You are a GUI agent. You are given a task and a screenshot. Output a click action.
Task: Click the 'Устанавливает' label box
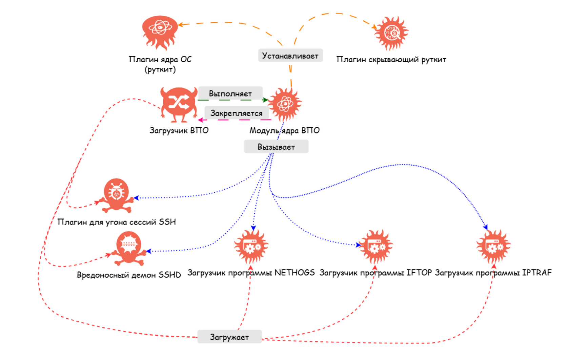(x=290, y=56)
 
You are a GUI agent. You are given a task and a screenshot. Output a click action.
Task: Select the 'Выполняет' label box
(x=230, y=93)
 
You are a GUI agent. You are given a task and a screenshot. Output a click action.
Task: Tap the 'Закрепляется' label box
(x=236, y=113)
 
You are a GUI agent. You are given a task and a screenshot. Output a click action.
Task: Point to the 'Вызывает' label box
(x=276, y=147)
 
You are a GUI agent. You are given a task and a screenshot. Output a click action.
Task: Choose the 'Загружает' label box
(x=229, y=337)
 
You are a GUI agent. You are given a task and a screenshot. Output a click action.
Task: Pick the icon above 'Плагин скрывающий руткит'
(x=391, y=33)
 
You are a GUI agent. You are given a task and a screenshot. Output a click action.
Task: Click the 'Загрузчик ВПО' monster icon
(x=179, y=104)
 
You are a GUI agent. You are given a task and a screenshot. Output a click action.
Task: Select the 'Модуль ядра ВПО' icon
(x=285, y=104)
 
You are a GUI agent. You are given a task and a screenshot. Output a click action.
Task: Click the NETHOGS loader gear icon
(x=251, y=247)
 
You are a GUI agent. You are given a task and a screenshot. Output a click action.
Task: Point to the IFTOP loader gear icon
(x=376, y=247)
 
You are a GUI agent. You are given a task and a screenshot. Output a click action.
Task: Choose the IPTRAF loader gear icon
(x=493, y=247)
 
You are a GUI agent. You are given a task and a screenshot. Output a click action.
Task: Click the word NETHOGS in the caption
(x=294, y=273)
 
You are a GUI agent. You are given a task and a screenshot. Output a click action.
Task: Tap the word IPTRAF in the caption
(x=536, y=273)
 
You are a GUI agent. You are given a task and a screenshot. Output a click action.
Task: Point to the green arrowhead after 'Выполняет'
(x=265, y=100)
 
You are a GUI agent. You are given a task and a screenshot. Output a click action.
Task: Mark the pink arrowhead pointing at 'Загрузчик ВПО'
(x=201, y=120)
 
